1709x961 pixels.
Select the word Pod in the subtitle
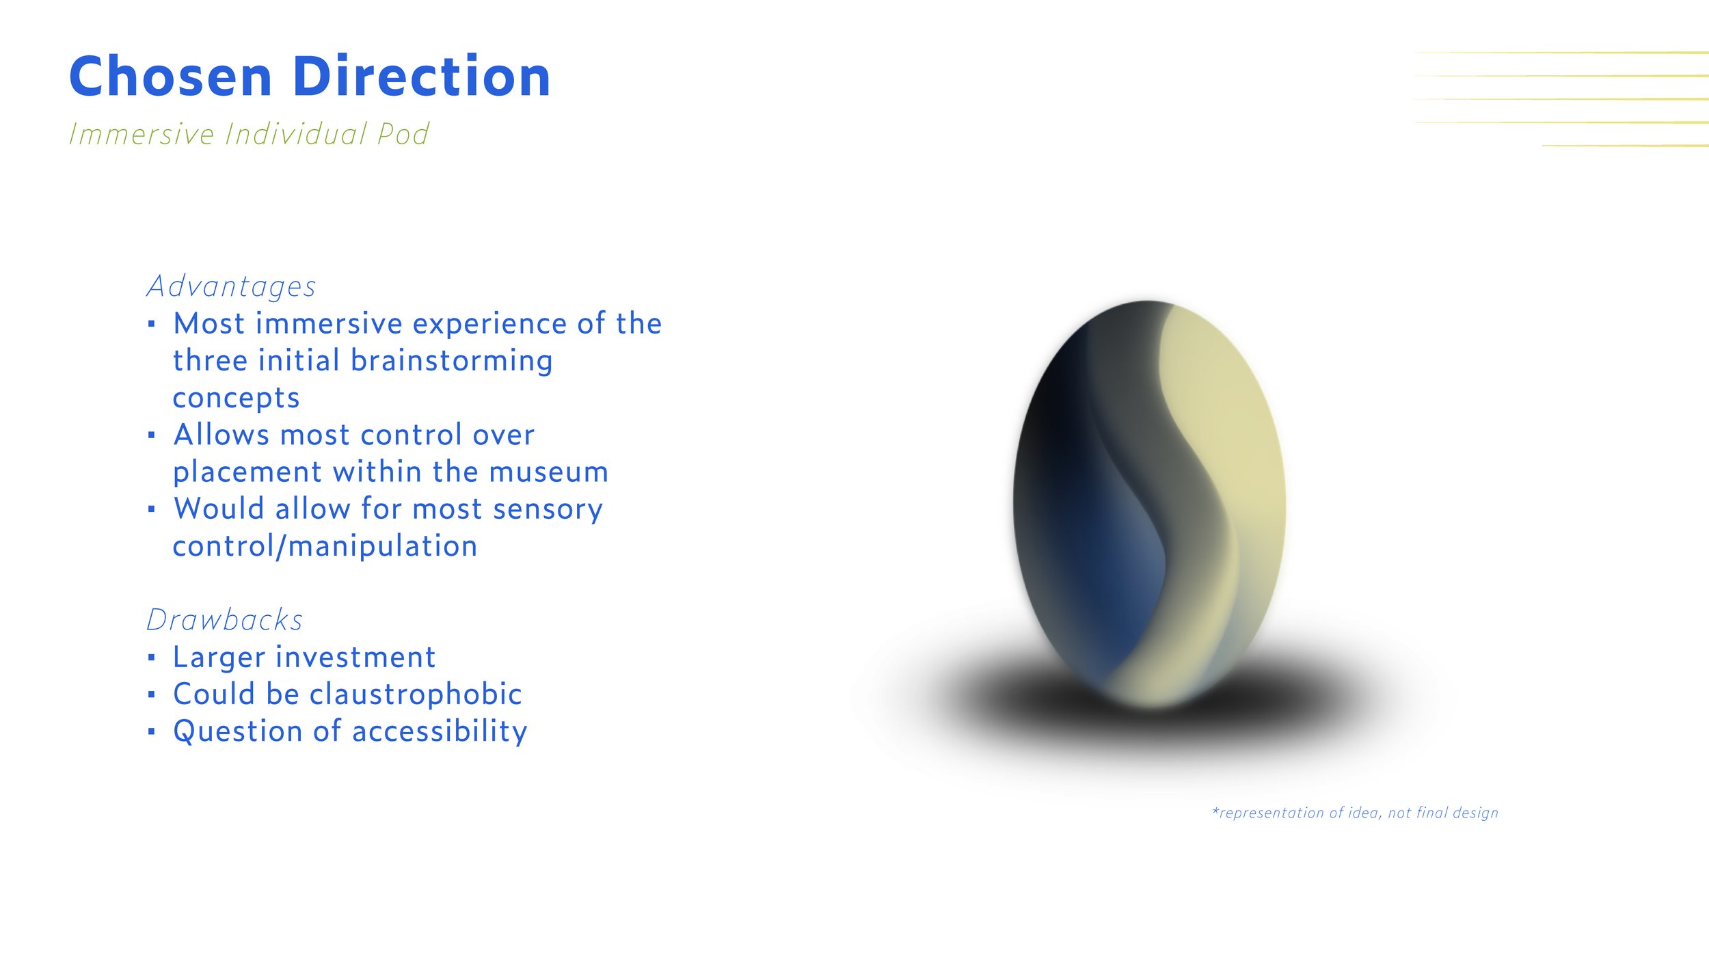(x=403, y=134)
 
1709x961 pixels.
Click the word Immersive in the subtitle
(x=142, y=134)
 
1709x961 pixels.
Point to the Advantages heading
(x=231, y=287)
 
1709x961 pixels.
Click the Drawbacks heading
(x=224, y=620)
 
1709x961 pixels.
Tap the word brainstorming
(x=451, y=362)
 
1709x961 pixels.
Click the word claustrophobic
(x=416, y=694)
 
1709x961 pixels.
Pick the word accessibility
(x=440, y=731)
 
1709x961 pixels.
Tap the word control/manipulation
(x=325, y=547)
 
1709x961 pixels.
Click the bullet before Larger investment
(x=152, y=658)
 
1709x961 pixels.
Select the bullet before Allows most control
(x=152, y=435)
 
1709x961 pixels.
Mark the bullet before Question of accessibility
(x=152, y=732)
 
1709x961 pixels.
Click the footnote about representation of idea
(x=1355, y=813)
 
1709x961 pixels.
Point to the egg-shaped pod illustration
(x=1149, y=504)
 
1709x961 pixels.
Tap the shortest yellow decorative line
(x=1626, y=146)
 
